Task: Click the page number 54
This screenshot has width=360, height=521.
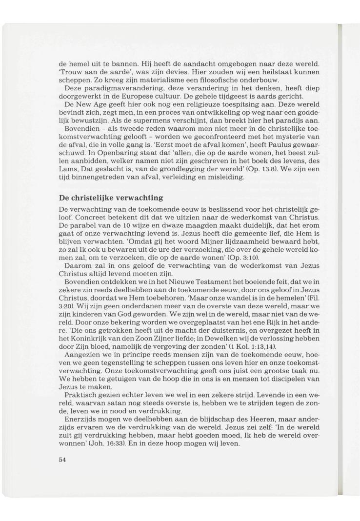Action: [61, 459]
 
